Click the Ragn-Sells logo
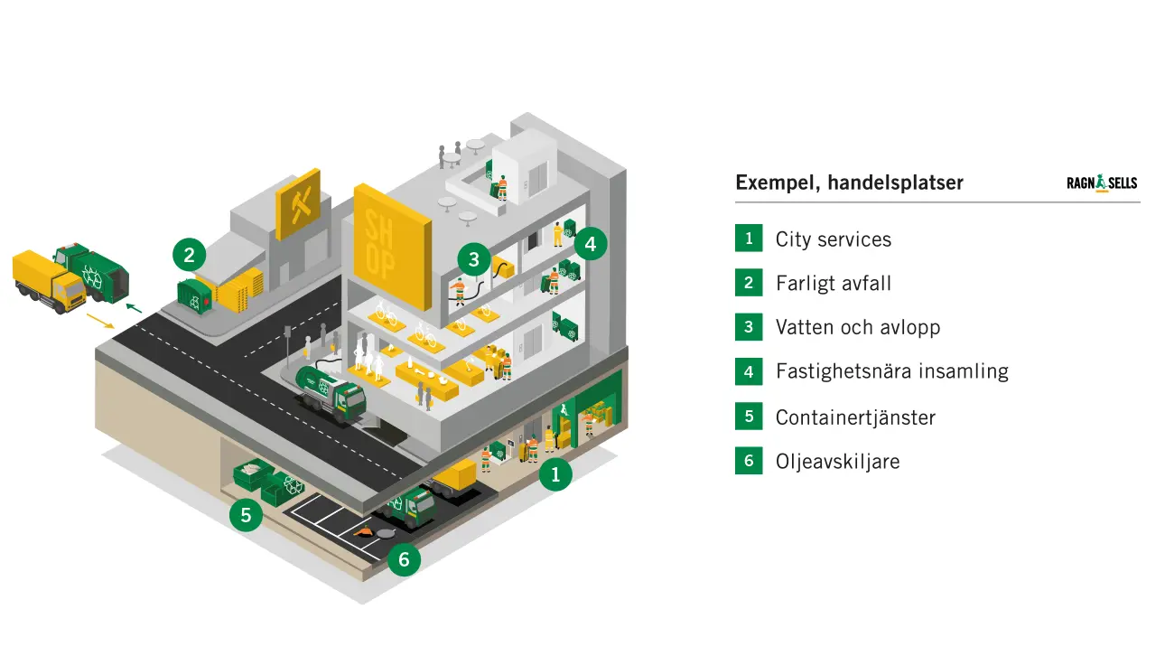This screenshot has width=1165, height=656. pyautogui.click(x=1102, y=183)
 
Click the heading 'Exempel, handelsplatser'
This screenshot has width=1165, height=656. pyautogui.click(x=849, y=183)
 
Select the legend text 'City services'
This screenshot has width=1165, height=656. pyautogui.click(x=833, y=239)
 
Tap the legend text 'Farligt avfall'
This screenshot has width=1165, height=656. pyautogui.click(x=833, y=283)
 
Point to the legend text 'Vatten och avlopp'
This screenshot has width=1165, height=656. pyautogui.click(x=857, y=327)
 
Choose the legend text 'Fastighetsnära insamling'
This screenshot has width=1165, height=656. pyautogui.click(x=891, y=370)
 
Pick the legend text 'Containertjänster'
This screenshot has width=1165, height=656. pyautogui.click(x=854, y=417)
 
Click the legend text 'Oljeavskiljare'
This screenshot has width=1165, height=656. pyautogui.click(x=837, y=462)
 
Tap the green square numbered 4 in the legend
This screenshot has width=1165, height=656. pyautogui.click(x=749, y=370)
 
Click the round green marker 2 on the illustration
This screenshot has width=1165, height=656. pyautogui.click(x=189, y=255)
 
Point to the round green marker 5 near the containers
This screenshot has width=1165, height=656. pyautogui.click(x=246, y=516)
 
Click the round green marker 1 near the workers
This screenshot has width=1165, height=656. pyautogui.click(x=555, y=473)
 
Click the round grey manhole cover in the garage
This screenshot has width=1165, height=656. pyautogui.click(x=387, y=533)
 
